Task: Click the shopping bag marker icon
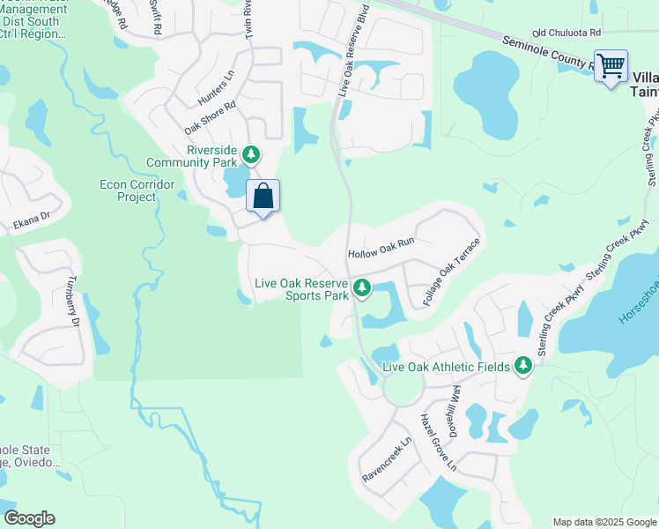pyautogui.click(x=263, y=196)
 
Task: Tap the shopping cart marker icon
pyautogui.click(x=611, y=65)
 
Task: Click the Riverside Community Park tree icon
pyautogui.click(x=252, y=156)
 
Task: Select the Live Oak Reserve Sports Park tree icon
pyautogui.click(x=361, y=287)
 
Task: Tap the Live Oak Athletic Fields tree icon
pyautogui.click(x=523, y=365)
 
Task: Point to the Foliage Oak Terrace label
pyautogui.click(x=452, y=272)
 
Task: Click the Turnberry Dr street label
pyautogui.click(x=72, y=300)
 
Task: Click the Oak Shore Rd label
pyautogui.click(x=211, y=116)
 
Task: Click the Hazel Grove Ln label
pyautogui.click(x=438, y=441)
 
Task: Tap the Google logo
pyautogui.click(x=29, y=518)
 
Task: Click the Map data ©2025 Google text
pyautogui.click(x=603, y=522)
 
